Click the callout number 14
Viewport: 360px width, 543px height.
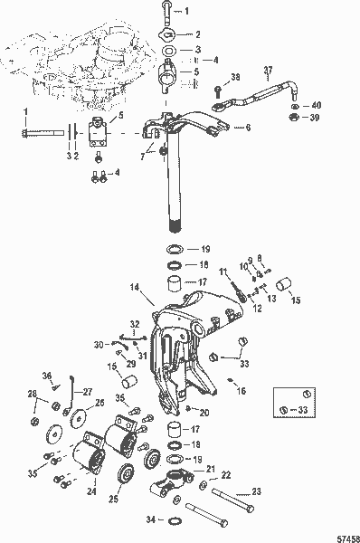[x=134, y=291]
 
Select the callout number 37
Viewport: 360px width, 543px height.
[x=267, y=70]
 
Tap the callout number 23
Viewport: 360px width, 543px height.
[x=255, y=491]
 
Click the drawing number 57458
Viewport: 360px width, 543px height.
[x=346, y=535]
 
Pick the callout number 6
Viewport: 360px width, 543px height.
[x=248, y=129]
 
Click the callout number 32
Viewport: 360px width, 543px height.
[x=133, y=323]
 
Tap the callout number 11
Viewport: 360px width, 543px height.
[x=223, y=271]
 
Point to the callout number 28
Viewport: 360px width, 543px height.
[x=32, y=395]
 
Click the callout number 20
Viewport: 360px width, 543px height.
[x=206, y=413]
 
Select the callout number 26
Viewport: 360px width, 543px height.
[x=99, y=403]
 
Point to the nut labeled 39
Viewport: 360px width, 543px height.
[x=295, y=117]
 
